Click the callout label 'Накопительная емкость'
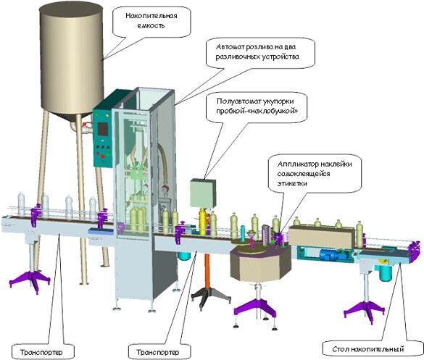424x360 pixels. pos(151,21)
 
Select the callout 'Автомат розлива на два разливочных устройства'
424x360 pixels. pos(260,53)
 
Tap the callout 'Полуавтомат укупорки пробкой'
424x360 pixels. pos(257,107)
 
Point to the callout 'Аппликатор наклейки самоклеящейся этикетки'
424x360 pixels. pos(315,173)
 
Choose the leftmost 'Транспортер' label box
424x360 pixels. pos(42,352)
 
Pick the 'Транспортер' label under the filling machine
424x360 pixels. pos(158,352)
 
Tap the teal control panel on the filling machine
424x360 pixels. pos(103,138)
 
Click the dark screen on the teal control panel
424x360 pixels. pos(103,129)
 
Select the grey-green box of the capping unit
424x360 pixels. pos(203,193)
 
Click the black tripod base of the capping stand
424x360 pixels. pos(211,297)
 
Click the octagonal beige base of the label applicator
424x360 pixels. pos(260,264)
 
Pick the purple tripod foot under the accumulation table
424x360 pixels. pos(364,311)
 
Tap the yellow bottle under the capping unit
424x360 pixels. pos(202,222)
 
